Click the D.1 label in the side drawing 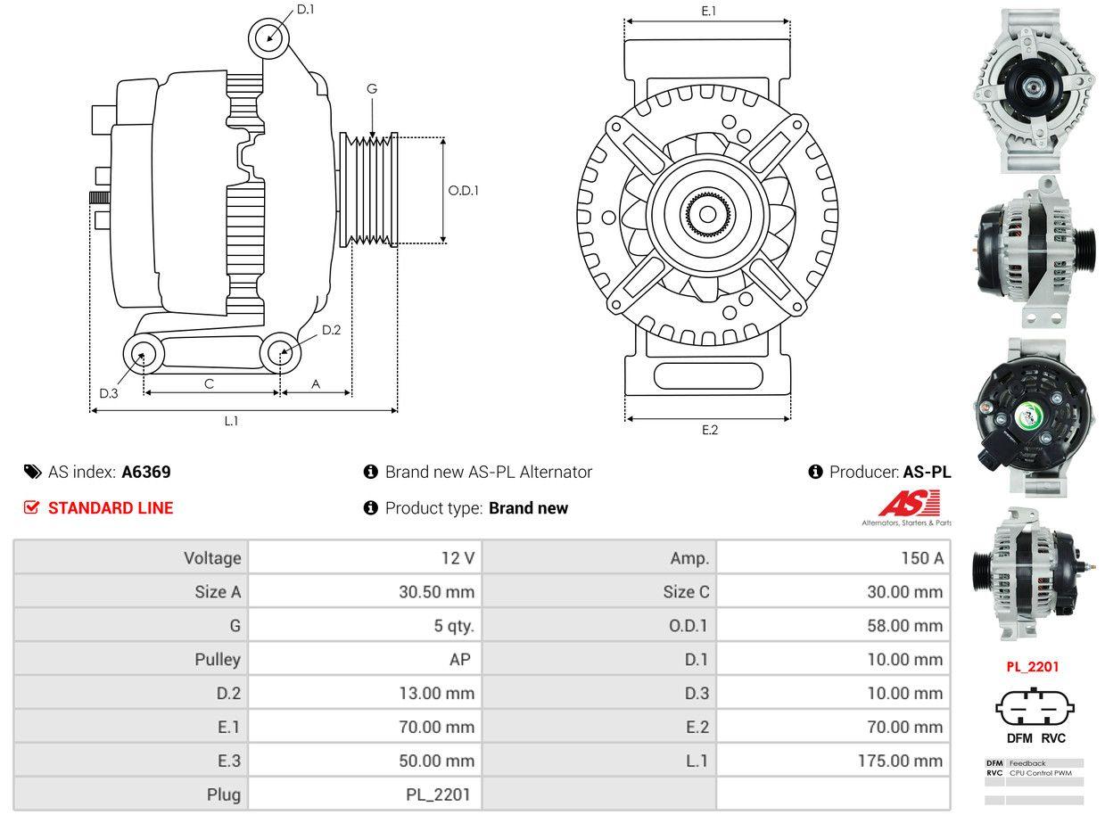tap(305, 9)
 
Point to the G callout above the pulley tap(372, 88)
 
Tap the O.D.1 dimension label tap(463, 190)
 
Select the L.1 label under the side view tap(231, 421)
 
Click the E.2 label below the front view tap(709, 430)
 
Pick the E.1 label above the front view tap(709, 11)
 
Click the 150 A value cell tap(921, 558)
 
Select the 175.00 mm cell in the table tap(904, 761)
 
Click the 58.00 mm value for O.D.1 tap(904, 626)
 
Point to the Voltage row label tap(212, 558)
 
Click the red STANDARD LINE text tap(111, 508)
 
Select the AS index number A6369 tap(146, 473)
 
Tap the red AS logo tap(908, 505)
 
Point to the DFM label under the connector tap(1018, 737)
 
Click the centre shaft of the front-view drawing tap(708, 214)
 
